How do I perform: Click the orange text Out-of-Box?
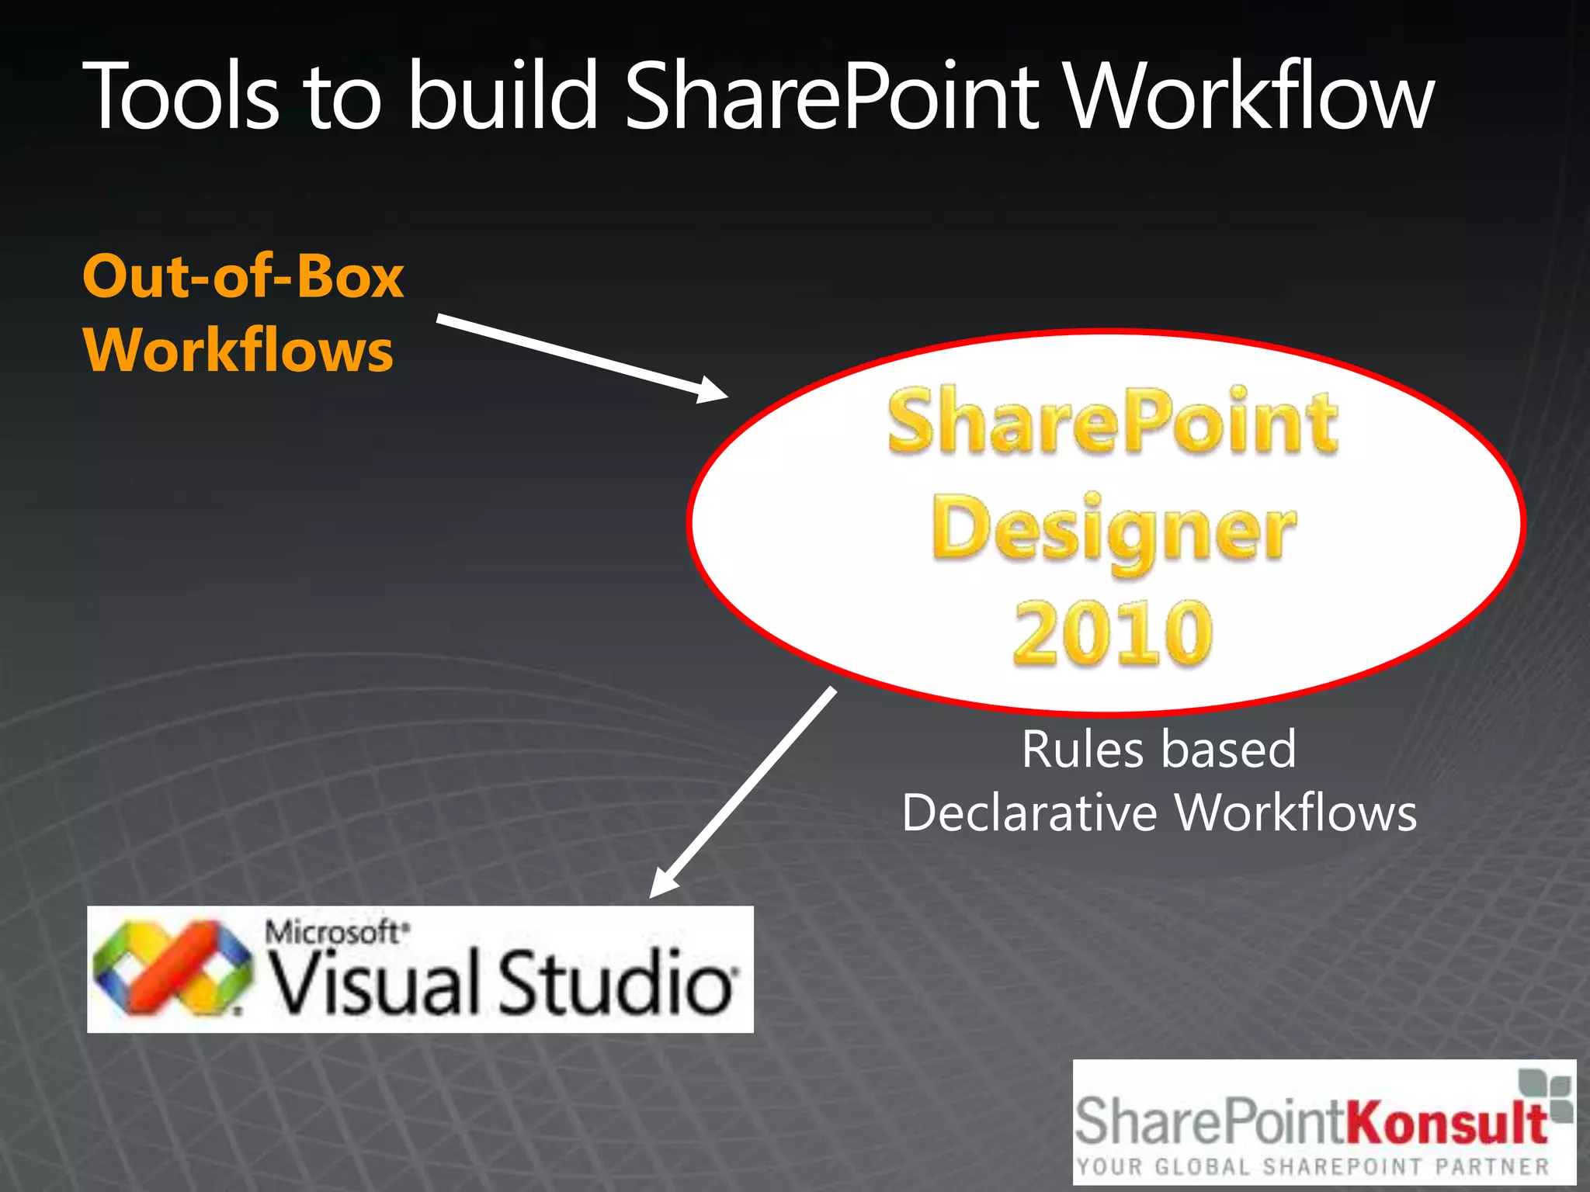coord(243,276)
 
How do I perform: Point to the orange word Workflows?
coord(238,350)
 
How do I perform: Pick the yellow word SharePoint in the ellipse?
coord(1113,423)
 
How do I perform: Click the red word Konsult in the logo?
coord(1446,1121)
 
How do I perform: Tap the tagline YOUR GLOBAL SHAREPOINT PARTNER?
coord(1312,1166)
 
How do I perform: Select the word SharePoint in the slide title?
coord(831,97)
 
